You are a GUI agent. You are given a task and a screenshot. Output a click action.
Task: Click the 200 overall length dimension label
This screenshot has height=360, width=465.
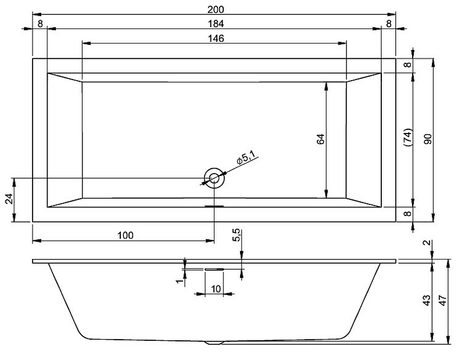216,9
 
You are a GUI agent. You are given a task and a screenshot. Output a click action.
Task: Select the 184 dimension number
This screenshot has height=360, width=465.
216,24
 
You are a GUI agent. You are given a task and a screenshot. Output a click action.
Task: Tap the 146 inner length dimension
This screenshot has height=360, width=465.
216,38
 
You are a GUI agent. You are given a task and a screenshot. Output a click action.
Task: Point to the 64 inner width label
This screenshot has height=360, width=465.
321,139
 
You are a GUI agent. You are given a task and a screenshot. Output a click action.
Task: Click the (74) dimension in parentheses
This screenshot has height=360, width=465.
409,137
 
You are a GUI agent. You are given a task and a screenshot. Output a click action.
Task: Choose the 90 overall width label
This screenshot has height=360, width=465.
428,139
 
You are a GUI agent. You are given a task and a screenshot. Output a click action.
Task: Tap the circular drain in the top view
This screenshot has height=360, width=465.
214,178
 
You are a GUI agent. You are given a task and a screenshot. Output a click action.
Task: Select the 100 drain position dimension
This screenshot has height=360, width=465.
126,236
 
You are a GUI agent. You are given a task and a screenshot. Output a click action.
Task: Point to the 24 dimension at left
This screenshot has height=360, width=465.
9,199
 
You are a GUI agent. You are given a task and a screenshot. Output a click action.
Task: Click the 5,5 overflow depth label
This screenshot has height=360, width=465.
237,235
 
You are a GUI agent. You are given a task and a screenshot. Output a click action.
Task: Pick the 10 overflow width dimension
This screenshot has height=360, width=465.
216,289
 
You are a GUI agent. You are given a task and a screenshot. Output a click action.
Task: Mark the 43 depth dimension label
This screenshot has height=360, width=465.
427,300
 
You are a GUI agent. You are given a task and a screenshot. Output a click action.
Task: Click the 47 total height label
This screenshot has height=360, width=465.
442,300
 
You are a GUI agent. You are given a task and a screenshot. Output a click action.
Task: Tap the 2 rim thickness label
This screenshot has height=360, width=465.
427,243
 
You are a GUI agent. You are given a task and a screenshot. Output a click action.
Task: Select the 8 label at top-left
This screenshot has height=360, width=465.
41,24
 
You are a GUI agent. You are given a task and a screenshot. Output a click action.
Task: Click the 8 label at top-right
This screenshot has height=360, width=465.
389,24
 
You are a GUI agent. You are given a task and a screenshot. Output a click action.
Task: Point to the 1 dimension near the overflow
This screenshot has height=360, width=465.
179,280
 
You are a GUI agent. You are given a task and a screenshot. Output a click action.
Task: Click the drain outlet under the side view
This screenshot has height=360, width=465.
214,343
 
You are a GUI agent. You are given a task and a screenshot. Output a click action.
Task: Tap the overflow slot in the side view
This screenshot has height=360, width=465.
214,269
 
